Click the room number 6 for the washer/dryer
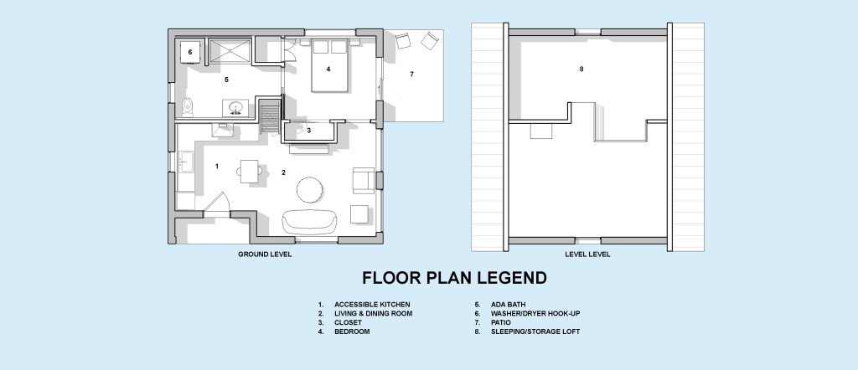click(x=190, y=53)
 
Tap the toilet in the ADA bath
click(x=188, y=107)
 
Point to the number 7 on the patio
click(x=411, y=75)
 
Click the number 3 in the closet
click(x=309, y=131)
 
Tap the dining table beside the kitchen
click(x=250, y=171)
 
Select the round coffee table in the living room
click(x=310, y=190)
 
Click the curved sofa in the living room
click(x=310, y=221)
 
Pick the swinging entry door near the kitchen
click(x=219, y=203)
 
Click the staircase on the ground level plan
click(x=269, y=116)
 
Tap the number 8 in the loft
click(x=581, y=69)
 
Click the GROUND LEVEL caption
click(x=265, y=254)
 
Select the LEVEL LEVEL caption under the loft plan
click(x=587, y=254)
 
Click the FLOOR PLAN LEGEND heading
click(x=454, y=278)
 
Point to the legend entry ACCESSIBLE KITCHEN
click(x=372, y=305)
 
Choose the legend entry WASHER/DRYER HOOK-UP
click(x=535, y=314)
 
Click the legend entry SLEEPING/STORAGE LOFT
click(x=535, y=331)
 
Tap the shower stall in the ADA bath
click(x=230, y=50)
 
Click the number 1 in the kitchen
click(x=217, y=166)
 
